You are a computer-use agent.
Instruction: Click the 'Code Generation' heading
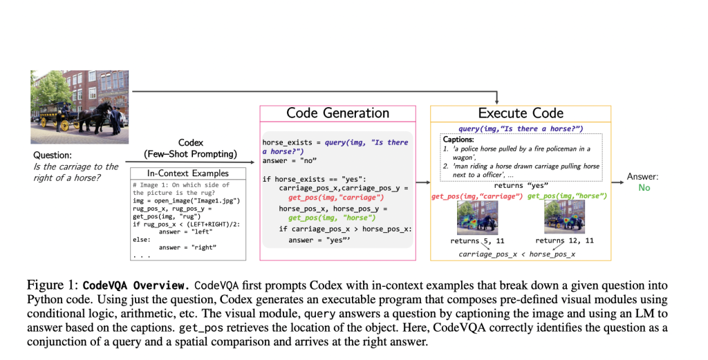337,113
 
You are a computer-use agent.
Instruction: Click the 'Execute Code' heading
521,113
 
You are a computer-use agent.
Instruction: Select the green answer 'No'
644,188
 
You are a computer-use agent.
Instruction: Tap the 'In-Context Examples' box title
188,173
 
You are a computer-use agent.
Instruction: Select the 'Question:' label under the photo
53,155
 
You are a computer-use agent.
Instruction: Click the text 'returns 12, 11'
564,241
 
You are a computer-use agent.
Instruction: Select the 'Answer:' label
643,177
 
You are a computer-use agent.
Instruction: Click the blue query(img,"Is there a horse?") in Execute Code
521,129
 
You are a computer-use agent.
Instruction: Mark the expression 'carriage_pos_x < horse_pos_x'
516,254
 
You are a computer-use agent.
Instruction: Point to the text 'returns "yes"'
521,186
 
